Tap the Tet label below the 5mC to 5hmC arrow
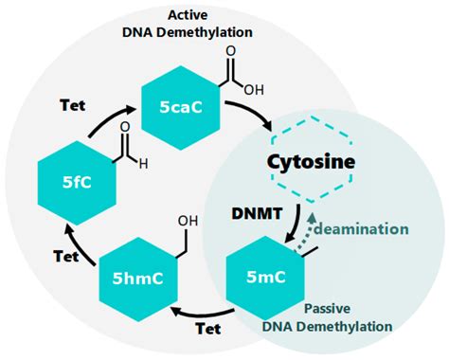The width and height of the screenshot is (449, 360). [x=207, y=331]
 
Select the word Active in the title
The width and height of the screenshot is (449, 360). [x=189, y=16]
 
